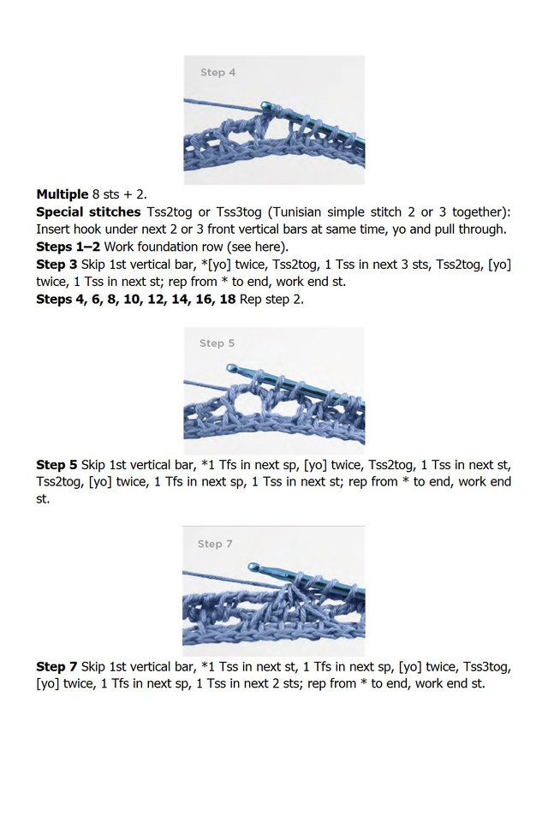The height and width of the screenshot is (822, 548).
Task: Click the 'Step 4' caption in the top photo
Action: [x=217, y=73]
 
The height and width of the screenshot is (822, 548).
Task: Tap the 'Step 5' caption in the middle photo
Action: [x=217, y=343]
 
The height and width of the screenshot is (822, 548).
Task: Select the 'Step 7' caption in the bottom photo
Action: [x=216, y=544]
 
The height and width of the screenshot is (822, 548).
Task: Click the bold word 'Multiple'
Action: [x=62, y=194]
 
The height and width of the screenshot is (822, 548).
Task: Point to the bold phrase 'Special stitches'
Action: [x=88, y=211]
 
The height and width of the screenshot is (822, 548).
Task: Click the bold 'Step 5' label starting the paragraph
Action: [x=57, y=465]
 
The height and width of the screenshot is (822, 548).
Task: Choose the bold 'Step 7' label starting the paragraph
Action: [x=57, y=666]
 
